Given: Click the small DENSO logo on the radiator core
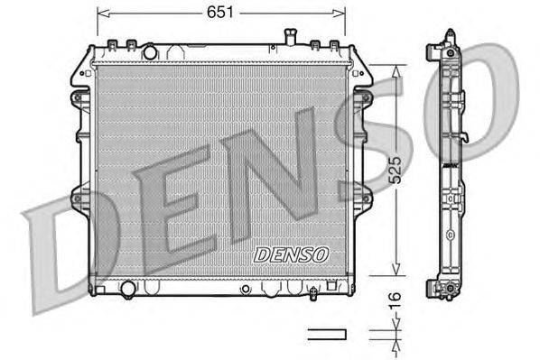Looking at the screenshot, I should [292, 254].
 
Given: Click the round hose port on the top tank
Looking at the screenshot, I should [150, 51].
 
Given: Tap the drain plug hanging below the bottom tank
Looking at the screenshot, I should [312, 294].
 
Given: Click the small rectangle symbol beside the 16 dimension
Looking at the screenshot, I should [327, 334].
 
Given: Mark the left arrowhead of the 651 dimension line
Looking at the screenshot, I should [101, 14].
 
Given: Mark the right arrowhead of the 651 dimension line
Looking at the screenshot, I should [341, 14].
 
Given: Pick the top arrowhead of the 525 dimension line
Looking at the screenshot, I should [394, 69].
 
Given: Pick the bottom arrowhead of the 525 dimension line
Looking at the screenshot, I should [394, 272].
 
